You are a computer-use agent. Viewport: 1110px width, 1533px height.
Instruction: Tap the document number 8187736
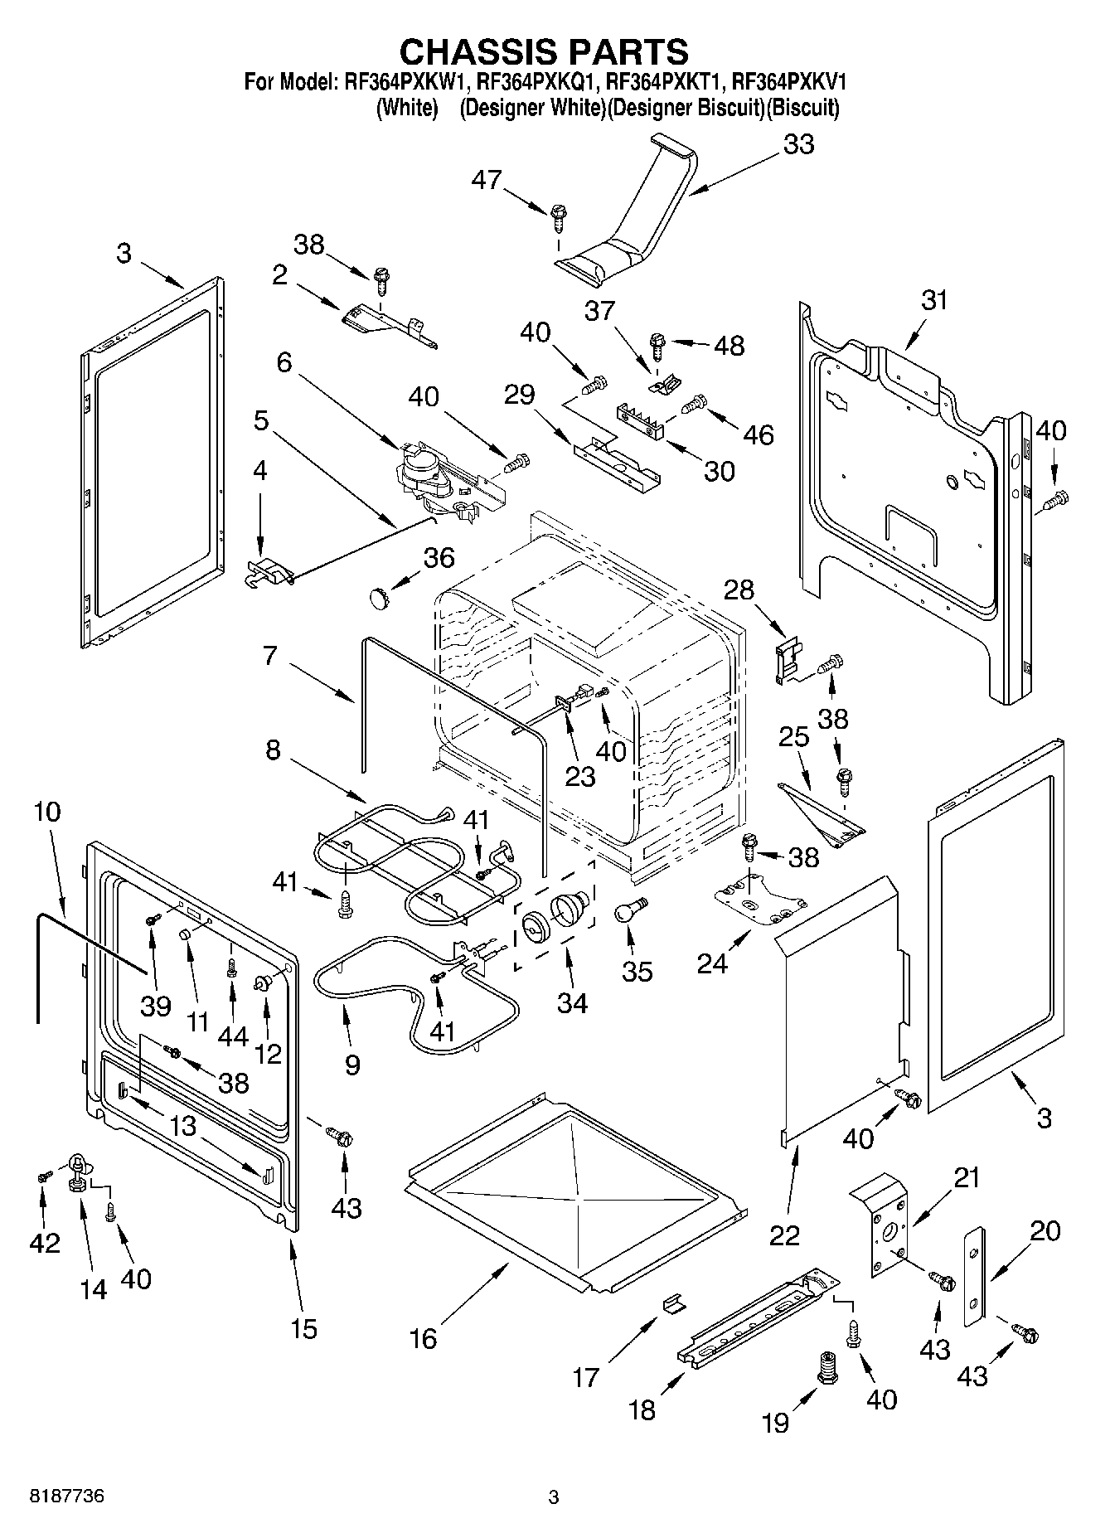pos(67,1497)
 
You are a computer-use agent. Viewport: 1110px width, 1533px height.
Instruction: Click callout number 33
pos(798,144)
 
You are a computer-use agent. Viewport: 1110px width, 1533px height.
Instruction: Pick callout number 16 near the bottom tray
pos(424,1338)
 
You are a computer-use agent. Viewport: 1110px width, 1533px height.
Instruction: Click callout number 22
pos(784,1235)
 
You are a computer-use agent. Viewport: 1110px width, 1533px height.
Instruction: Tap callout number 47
pos(487,179)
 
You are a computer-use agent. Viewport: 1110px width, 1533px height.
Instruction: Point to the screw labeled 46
pos(691,407)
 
